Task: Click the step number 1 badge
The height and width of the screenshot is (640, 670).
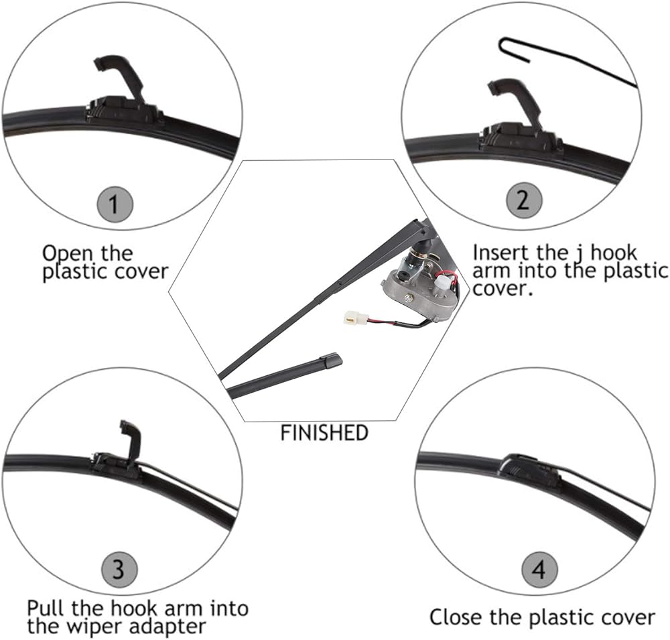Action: coord(115,204)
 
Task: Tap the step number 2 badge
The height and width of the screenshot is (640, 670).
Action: coord(524,200)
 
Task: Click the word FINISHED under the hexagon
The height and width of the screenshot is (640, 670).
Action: coord(324,433)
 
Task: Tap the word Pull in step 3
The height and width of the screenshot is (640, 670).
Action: coord(46,608)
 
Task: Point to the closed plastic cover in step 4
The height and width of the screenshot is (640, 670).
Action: coord(529,469)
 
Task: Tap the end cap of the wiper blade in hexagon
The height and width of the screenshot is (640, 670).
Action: coord(332,360)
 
